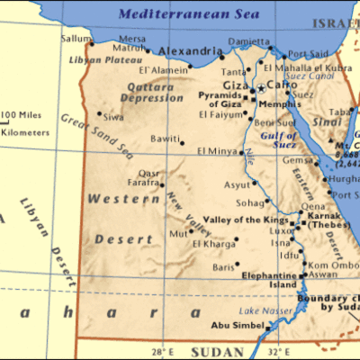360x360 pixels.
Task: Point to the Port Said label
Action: coord(307,54)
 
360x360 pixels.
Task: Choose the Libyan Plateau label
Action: coord(95,60)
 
